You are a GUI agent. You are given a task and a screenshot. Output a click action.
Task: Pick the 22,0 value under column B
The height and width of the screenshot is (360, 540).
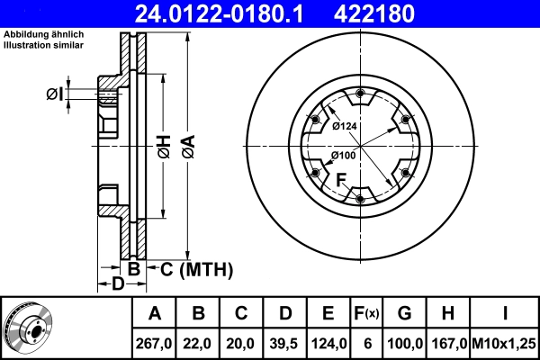pyautogui.click(x=199, y=343)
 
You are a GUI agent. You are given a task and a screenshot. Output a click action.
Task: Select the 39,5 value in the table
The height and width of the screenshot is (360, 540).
pyautogui.click(x=285, y=343)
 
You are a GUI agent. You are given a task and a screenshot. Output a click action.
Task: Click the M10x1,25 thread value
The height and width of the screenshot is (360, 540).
pyautogui.click(x=507, y=343)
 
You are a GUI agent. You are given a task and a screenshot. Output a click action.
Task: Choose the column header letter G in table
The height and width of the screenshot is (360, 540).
pyautogui.click(x=405, y=314)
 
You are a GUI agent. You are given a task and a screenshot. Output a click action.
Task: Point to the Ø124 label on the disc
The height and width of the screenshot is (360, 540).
pyautogui.click(x=344, y=126)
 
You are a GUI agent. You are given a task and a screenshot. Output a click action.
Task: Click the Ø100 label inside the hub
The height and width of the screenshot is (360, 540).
pyautogui.click(x=344, y=156)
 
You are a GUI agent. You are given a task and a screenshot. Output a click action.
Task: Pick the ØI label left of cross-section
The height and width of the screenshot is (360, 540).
pyautogui.click(x=54, y=94)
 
